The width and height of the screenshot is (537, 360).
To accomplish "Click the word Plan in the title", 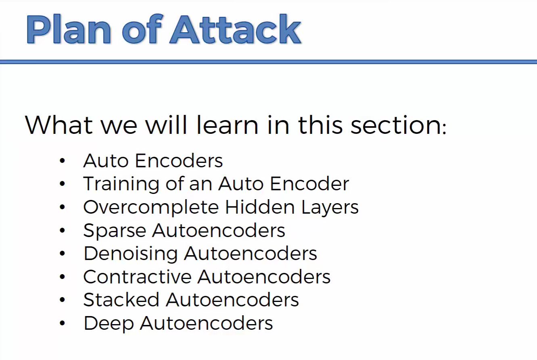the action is [69, 29].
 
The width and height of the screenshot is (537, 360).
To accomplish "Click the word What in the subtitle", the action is [59, 125].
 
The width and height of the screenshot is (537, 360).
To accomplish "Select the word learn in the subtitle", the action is [227, 125].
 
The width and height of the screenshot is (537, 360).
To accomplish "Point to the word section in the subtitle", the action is [394, 125].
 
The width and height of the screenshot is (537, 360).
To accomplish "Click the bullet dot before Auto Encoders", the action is [62, 160].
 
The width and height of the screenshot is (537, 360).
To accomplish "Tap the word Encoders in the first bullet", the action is [179, 160].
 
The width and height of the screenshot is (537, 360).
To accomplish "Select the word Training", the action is [121, 184].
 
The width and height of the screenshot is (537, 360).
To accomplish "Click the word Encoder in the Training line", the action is [309, 184].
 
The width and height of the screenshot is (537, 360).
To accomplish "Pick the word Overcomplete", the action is [151, 208].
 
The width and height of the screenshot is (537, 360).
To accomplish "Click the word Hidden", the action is [260, 207].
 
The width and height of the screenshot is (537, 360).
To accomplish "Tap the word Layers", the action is [330, 208].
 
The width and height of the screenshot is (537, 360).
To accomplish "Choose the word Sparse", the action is [115, 231].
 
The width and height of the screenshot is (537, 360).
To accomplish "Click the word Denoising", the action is [130, 254].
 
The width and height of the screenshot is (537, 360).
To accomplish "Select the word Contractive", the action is [137, 277].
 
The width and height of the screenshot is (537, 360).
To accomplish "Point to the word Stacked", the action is [121, 300].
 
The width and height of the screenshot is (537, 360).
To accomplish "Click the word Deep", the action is [109, 324].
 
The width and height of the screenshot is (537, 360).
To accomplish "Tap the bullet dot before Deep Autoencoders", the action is [62, 323].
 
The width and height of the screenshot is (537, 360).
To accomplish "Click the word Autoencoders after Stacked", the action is [232, 300].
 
